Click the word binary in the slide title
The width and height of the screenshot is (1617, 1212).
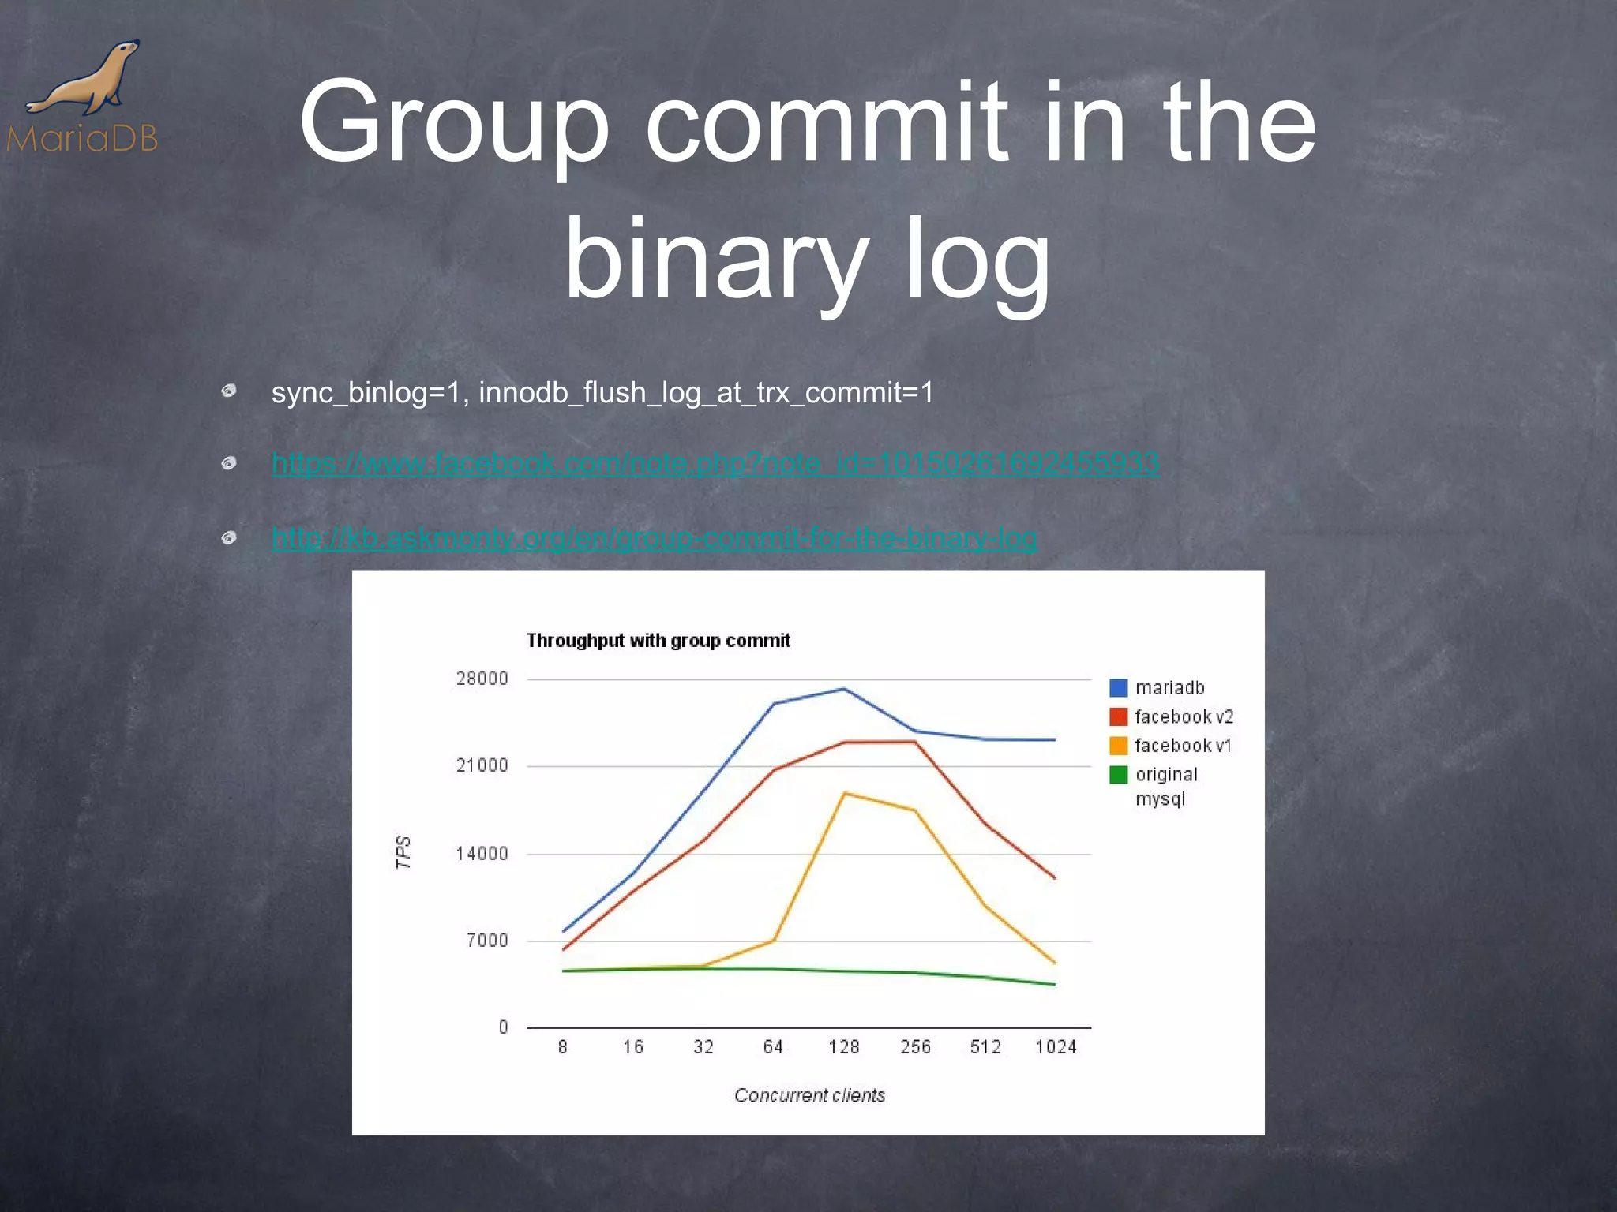click(x=715, y=259)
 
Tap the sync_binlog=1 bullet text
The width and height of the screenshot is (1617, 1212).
click(x=602, y=392)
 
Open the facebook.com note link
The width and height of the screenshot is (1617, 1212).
click(x=715, y=462)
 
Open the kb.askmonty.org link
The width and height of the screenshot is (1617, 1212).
click(x=654, y=538)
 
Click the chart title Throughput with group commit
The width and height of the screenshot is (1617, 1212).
click(x=658, y=640)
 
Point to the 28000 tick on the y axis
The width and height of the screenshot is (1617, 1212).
click(x=482, y=679)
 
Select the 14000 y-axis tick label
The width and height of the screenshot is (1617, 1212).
click(x=482, y=853)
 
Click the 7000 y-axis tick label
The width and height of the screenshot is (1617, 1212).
click(x=487, y=940)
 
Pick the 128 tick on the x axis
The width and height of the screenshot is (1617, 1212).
click(x=843, y=1047)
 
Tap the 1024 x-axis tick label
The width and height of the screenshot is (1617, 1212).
click(x=1056, y=1047)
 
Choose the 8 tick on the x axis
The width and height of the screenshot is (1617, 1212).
click(x=562, y=1047)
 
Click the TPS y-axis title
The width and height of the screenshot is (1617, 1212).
click(x=403, y=852)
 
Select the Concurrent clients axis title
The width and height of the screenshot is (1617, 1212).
click(x=809, y=1095)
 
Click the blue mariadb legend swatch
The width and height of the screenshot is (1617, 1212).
click(x=1118, y=688)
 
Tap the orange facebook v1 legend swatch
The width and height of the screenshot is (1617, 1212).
click(x=1118, y=746)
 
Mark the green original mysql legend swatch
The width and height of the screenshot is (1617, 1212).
click(x=1118, y=775)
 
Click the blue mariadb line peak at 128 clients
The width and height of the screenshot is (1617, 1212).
click(x=843, y=690)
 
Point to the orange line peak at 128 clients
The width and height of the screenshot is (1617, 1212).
click(x=844, y=793)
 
